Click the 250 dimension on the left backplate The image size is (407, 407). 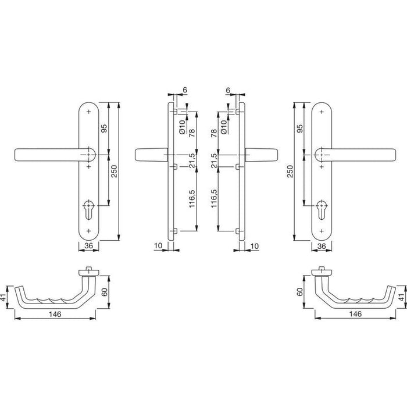pos(115,172)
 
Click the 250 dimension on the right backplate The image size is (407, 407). pos(290,172)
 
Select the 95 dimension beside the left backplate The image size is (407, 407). pos(104,128)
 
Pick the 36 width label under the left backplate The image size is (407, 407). pos(88,245)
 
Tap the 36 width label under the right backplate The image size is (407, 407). pos(322,246)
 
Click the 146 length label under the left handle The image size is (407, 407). pos(55,315)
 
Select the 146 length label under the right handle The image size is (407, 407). pos(355,314)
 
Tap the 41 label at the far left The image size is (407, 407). pos(3,298)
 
